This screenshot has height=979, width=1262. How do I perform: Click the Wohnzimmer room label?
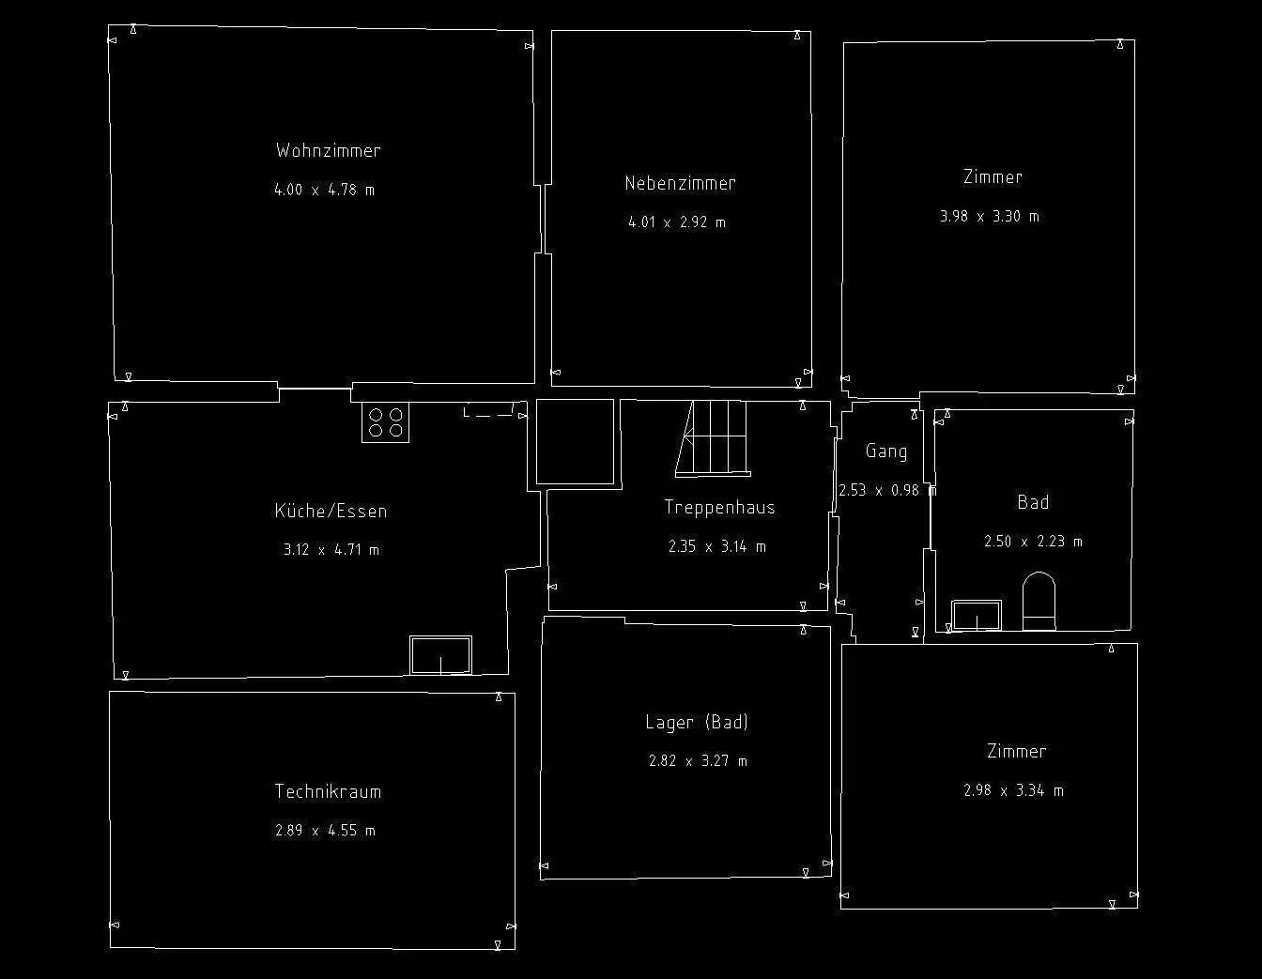click(x=328, y=150)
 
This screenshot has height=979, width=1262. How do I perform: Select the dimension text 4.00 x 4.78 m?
click(x=324, y=190)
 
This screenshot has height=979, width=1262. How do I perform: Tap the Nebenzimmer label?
click(x=680, y=183)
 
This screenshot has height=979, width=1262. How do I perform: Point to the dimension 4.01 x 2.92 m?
click(x=676, y=222)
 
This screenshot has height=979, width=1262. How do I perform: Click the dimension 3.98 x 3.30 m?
click(x=990, y=216)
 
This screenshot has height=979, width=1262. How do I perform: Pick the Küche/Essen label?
click(x=331, y=511)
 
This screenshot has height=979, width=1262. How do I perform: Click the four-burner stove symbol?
click(x=385, y=422)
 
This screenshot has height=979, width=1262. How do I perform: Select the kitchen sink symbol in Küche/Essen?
click(x=440, y=654)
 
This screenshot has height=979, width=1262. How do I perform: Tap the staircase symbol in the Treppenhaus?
click(x=712, y=437)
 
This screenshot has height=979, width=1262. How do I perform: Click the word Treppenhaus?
click(x=719, y=507)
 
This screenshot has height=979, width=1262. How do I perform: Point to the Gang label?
click(x=885, y=451)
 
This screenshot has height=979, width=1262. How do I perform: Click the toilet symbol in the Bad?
click(x=1039, y=601)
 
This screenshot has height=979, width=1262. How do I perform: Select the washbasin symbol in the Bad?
click(x=977, y=616)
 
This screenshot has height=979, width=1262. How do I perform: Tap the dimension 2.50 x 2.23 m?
click(x=1033, y=542)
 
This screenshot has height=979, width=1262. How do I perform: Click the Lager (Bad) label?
click(x=697, y=722)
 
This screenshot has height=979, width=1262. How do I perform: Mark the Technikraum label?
click(x=328, y=791)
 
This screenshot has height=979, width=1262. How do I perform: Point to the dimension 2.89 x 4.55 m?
click(x=325, y=831)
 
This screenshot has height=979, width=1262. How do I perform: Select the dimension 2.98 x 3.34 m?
click(x=1013, y=790)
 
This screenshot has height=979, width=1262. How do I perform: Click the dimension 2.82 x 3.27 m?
click(x=698, y=761)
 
